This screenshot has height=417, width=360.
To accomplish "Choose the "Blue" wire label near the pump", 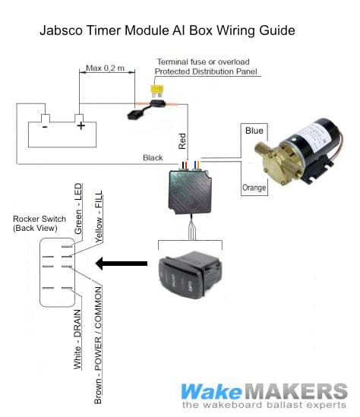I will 254,131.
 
